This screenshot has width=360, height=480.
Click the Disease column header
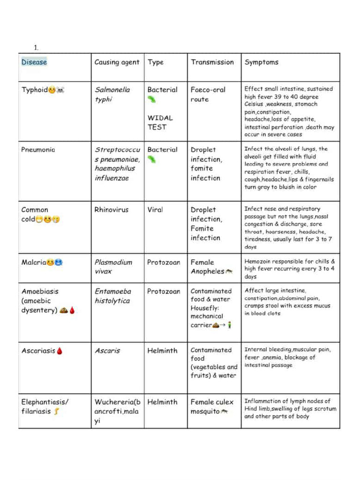(x=34, y=62)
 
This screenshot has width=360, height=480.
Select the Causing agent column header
(x=117, y=62)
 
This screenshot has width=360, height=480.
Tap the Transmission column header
(x=212, y=62)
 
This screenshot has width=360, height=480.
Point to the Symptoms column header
(x=261, y=62)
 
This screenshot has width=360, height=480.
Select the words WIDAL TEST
(x=160, y=122)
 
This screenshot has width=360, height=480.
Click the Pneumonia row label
(x=38, y=150)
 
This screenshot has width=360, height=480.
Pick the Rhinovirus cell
(x=111, y=210)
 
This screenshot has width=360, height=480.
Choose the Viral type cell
(x=155, y=210)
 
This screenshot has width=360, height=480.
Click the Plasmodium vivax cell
(x=113, y=267)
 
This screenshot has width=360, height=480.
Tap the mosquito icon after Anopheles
(x=229, y=272)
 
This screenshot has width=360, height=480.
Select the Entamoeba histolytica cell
(x=113, y=296)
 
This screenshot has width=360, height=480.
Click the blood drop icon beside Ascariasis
(x=60, y=351)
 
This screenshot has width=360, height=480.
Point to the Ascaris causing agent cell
(x=107, y=351)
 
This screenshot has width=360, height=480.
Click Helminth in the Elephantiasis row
(x=162, y=402)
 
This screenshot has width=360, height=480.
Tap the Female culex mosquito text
(x=211, y=406)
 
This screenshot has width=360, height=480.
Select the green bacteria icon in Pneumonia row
(x=152, y=159)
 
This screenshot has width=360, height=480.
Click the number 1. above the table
(x=36, y=47)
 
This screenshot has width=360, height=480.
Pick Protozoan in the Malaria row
(x=164, y=262)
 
